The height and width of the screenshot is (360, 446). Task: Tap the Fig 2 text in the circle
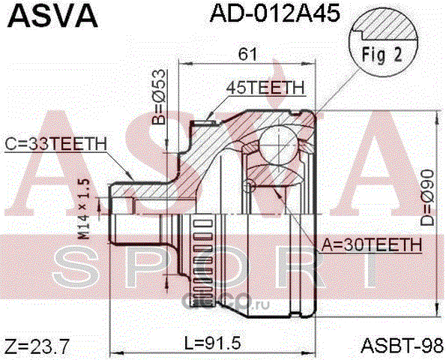click(x=382, y=55)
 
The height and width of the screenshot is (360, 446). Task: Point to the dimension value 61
click(x=247, y=54)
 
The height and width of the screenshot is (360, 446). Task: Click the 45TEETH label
click(x=265, y=88)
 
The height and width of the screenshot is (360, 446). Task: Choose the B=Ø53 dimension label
click(x=158, y=97)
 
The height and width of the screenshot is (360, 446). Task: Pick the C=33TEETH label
click(x=55, y=144)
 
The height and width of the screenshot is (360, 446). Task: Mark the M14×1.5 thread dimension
click(x=84, y=209)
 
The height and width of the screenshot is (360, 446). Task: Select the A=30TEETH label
click(x=372, y=244)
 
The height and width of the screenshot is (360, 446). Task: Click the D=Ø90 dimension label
click(x=427, y=198)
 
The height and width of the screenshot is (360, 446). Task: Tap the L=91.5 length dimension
click(x=213, y=343)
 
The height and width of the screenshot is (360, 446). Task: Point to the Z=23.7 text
click(x=37, y=346)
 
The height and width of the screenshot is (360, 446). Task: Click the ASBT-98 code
click(x=402, y=346)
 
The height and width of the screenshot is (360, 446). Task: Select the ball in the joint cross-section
click(x=279, y=145)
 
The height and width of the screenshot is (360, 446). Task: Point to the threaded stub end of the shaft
click(x=121, y=214)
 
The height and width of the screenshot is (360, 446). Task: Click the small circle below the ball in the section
click(x=249, y=185)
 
